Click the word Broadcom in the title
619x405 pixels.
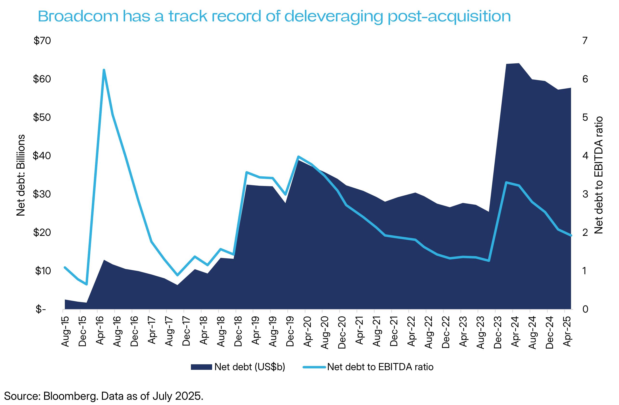click(78, 16)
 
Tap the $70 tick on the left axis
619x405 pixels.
click(42, 40)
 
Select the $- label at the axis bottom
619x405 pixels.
click(41, 309)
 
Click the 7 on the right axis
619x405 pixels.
click(585, 40)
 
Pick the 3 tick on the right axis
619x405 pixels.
click(585, 194)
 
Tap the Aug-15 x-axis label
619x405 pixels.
click(65, 332)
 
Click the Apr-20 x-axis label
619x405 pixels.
click(307, 332)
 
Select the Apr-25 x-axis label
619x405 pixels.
click(567, 332)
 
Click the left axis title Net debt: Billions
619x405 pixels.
click(21, 175)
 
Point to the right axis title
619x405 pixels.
click(599, 175)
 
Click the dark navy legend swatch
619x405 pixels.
click(201, 367)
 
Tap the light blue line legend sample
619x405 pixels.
click(314, 367)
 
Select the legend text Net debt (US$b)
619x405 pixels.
click(250, 367)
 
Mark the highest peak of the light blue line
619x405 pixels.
click(104, 70)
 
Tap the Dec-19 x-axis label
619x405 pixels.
click(290, 332)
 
